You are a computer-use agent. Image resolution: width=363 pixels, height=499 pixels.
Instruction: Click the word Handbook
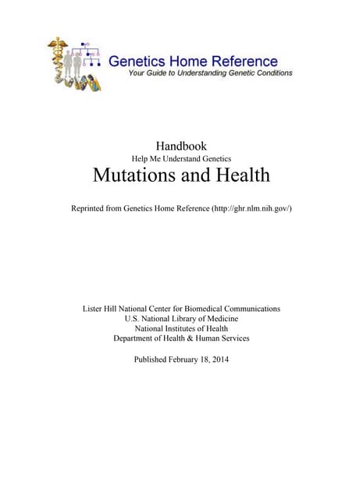(x=181, y=145)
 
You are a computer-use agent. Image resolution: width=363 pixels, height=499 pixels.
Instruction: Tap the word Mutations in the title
(x=133, y=175)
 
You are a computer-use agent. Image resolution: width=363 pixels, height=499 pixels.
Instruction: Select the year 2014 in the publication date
(x=216, y=359)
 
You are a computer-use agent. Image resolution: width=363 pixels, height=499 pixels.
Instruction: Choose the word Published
(x=145, y=359)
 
